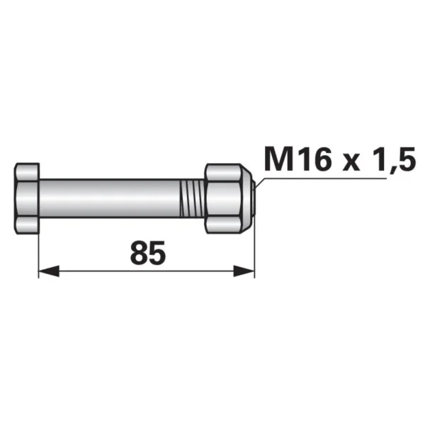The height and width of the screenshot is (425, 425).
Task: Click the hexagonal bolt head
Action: [x=27, y=198]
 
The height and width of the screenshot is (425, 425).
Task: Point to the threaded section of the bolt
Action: [x=192, y=198]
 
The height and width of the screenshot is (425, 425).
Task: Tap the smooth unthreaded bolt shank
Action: [x=110, y=198]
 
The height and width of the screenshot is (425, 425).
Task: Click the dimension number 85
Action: [x=147, y=254]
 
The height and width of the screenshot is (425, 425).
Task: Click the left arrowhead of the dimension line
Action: [x=49, y=271]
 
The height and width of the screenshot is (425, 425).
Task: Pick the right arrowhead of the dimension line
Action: [x=244, y=271]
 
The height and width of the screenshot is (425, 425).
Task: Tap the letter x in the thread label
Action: [x=351, y=163]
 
